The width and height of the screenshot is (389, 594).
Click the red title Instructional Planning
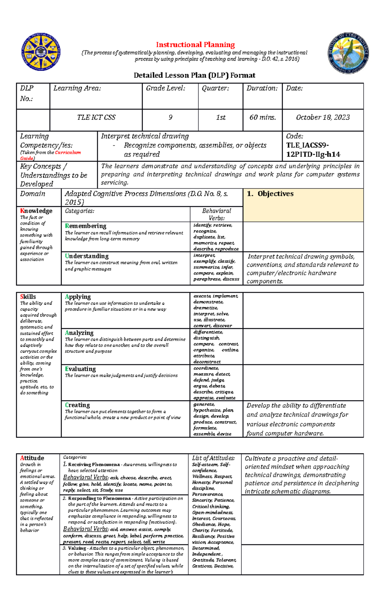coord(195,45)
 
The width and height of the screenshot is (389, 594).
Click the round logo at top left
coord(41,52)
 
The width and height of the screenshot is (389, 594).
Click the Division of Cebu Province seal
coord(348,53)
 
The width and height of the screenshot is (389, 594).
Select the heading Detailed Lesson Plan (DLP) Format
coord(194,75)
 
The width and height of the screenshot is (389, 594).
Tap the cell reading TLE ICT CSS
coord(96,118)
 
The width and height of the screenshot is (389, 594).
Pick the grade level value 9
coord(170,118)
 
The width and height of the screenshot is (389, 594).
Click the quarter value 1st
coord(220,118)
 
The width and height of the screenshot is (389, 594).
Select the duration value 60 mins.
coord(263,118)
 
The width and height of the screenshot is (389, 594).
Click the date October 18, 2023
coord(323,118)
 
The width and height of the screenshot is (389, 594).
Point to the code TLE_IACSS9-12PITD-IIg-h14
coord(313,150)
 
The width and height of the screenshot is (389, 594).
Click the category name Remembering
coord(86,226)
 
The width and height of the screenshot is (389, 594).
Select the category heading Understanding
coord(87,256)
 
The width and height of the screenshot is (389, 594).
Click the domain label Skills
coord(28,297)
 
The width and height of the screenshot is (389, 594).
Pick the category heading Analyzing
coord(79,333)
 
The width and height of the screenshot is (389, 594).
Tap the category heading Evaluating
coord(80,369)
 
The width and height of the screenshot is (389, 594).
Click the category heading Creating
coord(77,405)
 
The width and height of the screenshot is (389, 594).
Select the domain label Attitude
coord(32,458)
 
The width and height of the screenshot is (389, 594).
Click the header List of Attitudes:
coord(213,458)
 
